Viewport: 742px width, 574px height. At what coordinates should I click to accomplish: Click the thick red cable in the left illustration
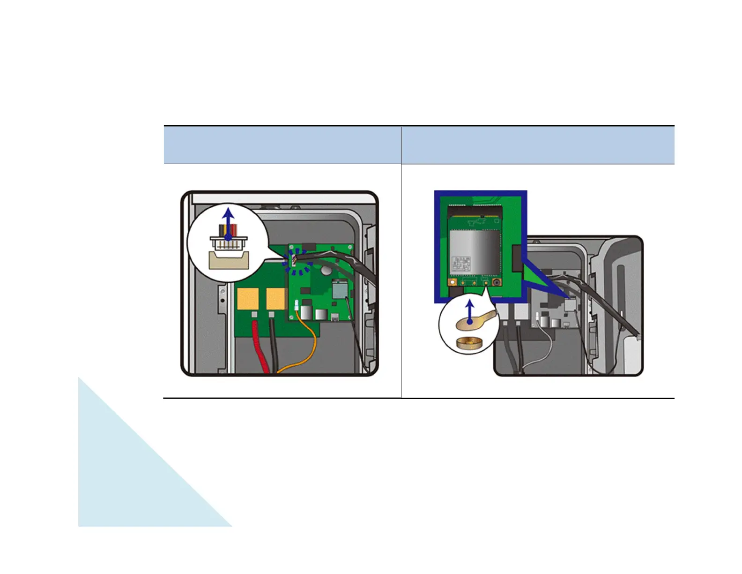tap(260, 347)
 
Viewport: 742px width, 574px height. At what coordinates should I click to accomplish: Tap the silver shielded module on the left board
tap(339, 289)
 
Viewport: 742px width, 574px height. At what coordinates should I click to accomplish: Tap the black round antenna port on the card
tap(496, 283)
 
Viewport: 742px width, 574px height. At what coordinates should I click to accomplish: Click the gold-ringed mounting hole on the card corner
tap(453, 283)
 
